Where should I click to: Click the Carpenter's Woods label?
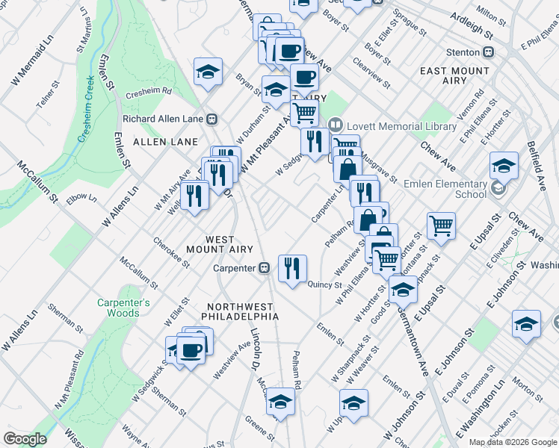pyautogui.click(x=123, y=308)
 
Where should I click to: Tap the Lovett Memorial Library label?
pyautogui.click(x=401, y=126)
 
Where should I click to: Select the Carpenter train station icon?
pyautogui.click(x=264, y=268)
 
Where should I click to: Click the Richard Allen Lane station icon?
pyautogui.click(x=213, y=119)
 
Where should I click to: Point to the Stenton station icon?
pyautogui.click(x=490, y=52)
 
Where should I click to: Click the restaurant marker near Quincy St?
pyautogui.click(x=292, y=268)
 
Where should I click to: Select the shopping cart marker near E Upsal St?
pyautogui.click(x=441, y=225)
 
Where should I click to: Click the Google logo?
pyautogui.click(x=25, y=439)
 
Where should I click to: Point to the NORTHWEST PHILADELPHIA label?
pyautogui.click(x=243, y=311)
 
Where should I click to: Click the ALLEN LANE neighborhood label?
pyautogui.click(x=165, y=141)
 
